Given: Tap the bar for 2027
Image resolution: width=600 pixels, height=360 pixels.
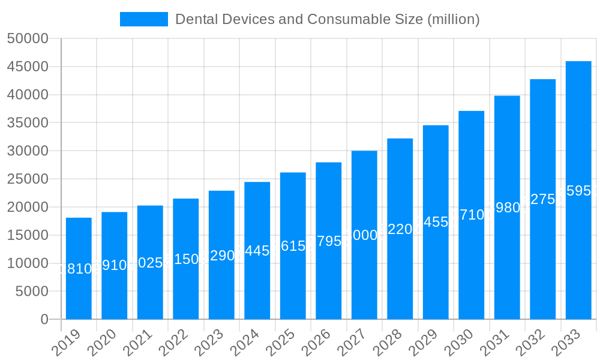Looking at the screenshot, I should [364, 235].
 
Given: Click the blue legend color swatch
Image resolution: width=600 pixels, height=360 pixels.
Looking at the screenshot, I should [144, 19].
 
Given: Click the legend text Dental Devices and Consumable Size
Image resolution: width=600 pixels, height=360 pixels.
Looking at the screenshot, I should [327, 19].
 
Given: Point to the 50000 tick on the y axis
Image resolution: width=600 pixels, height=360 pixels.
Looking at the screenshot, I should [28, 38].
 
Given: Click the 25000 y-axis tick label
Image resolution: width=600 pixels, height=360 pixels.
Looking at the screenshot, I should [28, 179].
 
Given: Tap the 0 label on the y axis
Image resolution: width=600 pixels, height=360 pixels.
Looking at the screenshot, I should [44, 319].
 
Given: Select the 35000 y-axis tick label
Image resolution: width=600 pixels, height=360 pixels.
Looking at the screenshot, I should [28, 123].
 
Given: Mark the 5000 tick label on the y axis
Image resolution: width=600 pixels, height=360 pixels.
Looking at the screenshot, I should [31, 292].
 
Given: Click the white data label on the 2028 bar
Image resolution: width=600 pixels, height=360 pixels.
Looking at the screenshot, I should [400, 229].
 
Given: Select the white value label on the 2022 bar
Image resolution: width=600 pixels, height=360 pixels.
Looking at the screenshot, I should [185, 259].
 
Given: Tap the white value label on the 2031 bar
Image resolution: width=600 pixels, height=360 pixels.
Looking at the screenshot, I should [507, 208].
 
